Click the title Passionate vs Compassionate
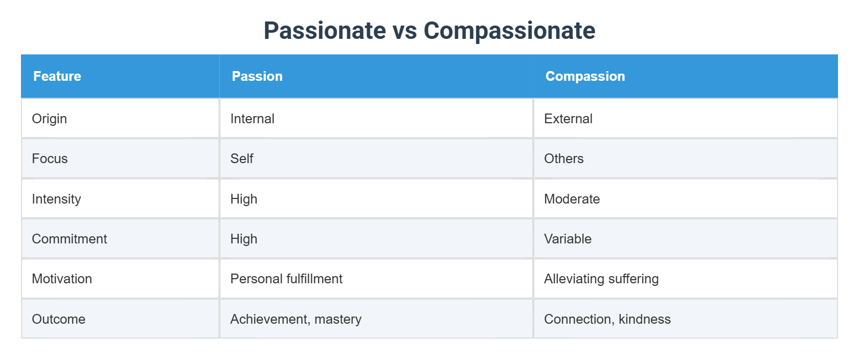(429, 31)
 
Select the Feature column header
(57, 76)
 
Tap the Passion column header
(257, 76)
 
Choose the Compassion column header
(585, 76)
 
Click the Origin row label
(50, 119)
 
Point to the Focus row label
(50, 159)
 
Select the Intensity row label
(56, 199)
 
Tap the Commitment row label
(70, 239)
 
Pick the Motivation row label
(62, 279)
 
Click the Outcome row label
(59, 319)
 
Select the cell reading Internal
(252, 119)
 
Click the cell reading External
(568, 119)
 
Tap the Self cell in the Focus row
(242, 159)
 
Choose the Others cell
(563, 159)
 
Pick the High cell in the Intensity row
(244, 199)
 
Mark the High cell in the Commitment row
(244, 239)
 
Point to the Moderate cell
(572, 199)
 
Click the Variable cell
(568, 239)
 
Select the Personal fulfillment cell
(286, 279)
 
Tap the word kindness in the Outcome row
(644, 319)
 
